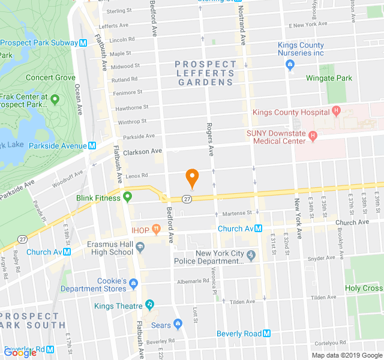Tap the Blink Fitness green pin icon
(128, 197)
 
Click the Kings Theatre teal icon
(149, 305)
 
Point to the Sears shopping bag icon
(178, 325)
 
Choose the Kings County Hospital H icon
(336, 112)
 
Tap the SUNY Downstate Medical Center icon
(312, 137)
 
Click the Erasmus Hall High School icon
(140, 247)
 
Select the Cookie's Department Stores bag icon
(133, 283)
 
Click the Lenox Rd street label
(137, 175)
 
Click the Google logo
(20, 352)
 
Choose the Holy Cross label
(364, 288)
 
